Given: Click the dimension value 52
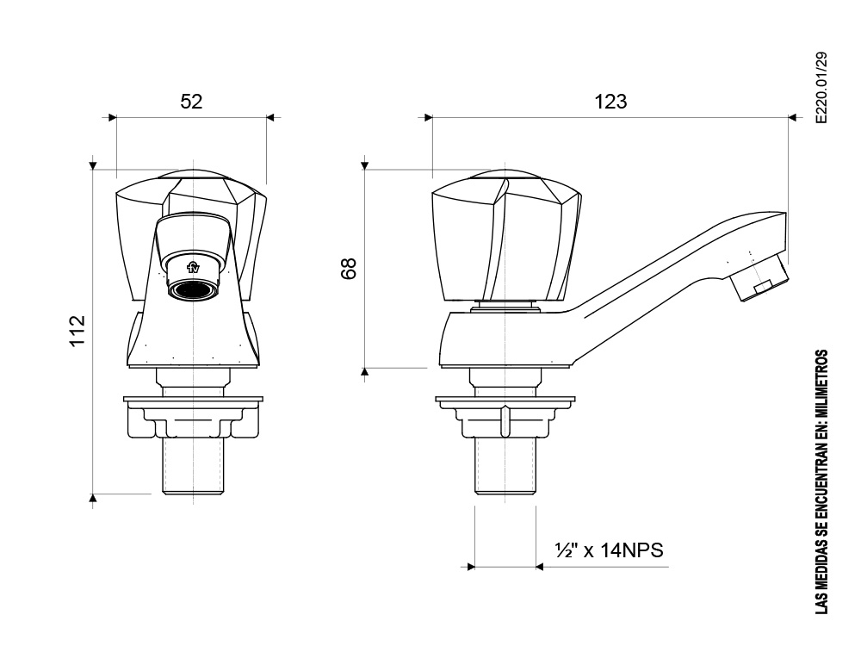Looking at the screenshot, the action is point(191,101).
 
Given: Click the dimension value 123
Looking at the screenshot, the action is point(610,102).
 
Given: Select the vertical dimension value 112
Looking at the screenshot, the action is point(77,331).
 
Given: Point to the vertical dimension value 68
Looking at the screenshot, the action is point(349,269).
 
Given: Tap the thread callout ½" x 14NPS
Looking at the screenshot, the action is point(609,550).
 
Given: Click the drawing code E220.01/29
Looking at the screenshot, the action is point(821,88).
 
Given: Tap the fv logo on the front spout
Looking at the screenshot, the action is point(193,268).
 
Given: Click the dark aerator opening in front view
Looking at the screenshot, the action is point(192,289).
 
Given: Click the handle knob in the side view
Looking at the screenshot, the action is point(505,236).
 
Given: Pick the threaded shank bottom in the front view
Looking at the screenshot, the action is point(193,466).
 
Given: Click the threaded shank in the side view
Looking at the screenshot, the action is point(505,466).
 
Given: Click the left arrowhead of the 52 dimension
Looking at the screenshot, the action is point(113,117).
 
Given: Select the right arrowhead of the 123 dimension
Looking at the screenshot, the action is point(792,117).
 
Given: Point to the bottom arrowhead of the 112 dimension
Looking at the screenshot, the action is point(93,498).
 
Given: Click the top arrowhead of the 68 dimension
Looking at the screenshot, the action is point(364,165).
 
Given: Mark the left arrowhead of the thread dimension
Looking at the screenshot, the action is point(471,567).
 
